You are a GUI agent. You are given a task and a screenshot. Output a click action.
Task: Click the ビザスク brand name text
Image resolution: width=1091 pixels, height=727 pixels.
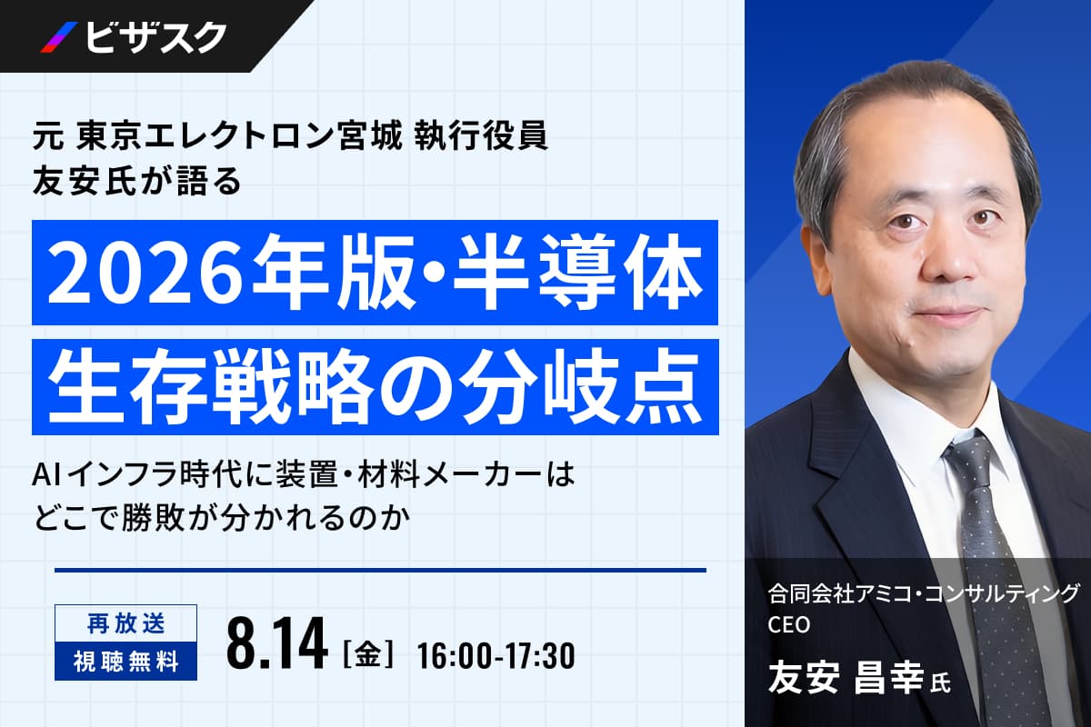[155, 37]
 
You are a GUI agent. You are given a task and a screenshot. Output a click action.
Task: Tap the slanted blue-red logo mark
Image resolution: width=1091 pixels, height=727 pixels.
[59, 37]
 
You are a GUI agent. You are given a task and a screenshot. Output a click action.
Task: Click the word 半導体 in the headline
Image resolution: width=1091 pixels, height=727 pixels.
[577, 273]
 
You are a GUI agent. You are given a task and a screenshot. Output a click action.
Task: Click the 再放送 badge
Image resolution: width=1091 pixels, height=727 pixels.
[125, 623]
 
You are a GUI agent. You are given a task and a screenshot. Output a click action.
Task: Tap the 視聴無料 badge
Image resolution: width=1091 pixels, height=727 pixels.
[125, 662]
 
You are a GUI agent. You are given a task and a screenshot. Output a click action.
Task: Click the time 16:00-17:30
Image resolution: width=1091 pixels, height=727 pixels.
[495, 655]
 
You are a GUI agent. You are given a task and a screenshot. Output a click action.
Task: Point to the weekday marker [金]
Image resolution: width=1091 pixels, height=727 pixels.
[367, 655]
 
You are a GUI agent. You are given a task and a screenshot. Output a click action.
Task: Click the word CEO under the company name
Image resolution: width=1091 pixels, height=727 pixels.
[788, 624]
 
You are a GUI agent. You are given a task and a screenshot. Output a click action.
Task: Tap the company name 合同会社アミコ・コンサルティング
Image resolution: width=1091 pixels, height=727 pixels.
[924, 595]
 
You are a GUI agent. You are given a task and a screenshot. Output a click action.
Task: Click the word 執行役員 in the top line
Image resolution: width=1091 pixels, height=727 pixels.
[481, 137]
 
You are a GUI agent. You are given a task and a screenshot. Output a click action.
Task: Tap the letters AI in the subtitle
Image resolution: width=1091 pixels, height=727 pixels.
[45, 475]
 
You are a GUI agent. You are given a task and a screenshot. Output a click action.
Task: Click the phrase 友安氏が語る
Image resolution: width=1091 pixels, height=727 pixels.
[137, 181]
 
